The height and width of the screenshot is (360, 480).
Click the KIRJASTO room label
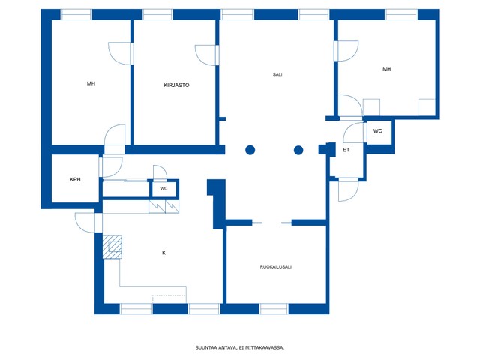click(x=176, y=85)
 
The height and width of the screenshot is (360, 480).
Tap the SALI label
click(x=277, y=74)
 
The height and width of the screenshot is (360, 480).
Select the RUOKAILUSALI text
click(x=275, y=267)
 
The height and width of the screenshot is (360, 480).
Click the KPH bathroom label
click(x=75, y=180)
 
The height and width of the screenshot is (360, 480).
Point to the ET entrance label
click(x=346, y=150)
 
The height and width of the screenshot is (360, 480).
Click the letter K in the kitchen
click(x=163, y=253)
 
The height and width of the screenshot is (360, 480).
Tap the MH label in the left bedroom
click(x=91, y=83)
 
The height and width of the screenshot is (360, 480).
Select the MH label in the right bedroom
click(x=387, y=69)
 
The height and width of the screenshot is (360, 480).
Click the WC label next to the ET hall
click(x=377, y=131)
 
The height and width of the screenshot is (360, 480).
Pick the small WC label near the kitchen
click(x=163, y=189)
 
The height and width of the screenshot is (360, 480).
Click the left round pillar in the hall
click(x=250, y=150)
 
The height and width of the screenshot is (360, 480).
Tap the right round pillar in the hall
click(x=298, y=150)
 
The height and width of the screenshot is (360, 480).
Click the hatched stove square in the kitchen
click(x=112, y=247)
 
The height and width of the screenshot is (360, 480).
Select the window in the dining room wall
click(x=274, y=309)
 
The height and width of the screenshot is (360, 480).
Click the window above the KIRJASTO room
click(x=157, y=14)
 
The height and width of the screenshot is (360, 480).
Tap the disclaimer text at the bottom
click(x=240, y=348)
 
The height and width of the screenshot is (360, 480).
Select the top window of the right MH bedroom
click(x=401, y=14)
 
